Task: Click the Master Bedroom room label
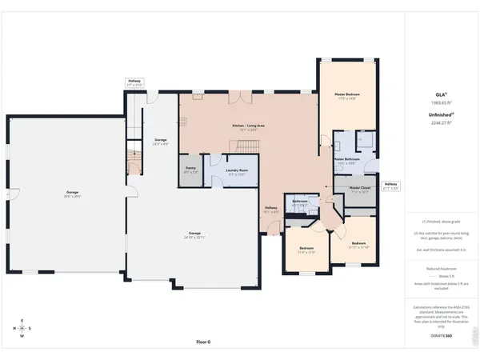(x=346, y=97)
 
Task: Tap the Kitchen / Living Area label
(x=250, y=126)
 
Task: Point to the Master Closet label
(x=359, y=190)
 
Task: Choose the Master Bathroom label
(x=346, y=161)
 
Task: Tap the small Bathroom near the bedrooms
(x=300, y=205)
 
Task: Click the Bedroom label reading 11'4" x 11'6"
(x=307, y=250)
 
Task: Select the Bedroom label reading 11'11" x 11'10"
(x=358, y=245)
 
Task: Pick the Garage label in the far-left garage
(x=73, y=194)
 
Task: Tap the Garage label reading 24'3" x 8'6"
(x=160, y=142)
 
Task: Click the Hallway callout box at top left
(x=134, y=82)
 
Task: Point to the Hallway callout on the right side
(x=390, y=186)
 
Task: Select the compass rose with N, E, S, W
(x=21, y=328)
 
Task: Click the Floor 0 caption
(x=203, y=342)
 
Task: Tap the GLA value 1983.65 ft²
(x=442, y=103)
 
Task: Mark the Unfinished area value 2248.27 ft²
(x=442, y=122)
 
